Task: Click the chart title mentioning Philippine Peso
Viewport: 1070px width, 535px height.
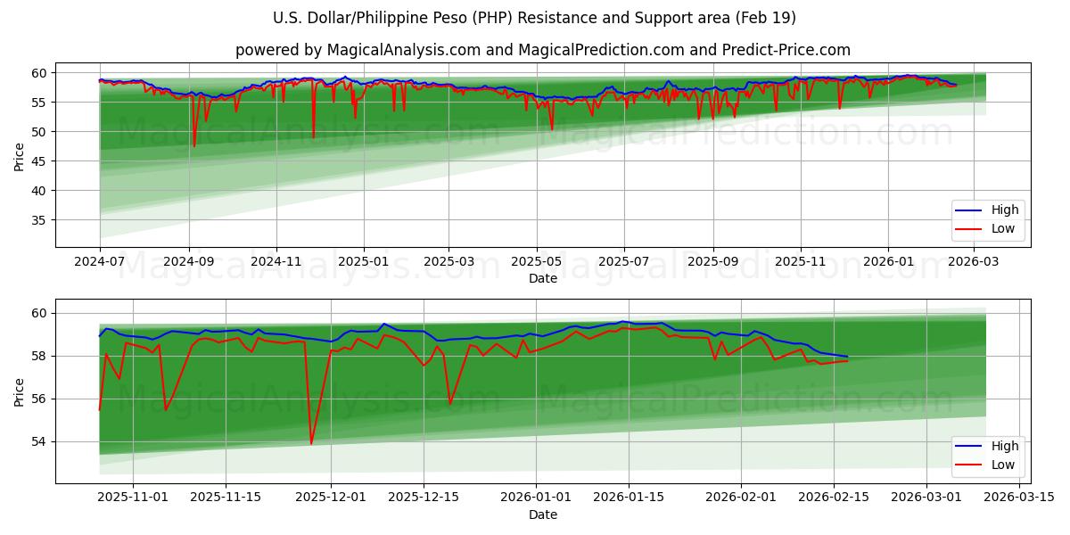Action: pos(534,18)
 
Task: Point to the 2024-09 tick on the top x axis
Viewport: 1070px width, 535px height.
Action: pos(189,261)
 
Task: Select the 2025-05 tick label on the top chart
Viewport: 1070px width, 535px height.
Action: pos(536,261)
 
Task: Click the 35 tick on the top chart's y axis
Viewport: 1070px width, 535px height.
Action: pos(40,220)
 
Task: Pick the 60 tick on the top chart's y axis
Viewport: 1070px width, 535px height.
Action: pos(40,72)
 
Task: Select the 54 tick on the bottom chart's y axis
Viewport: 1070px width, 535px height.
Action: pos(40,441)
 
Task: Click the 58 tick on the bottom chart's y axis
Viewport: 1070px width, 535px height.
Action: pos(40,356)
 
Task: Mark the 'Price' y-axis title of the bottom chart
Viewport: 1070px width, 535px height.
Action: pos(20,391)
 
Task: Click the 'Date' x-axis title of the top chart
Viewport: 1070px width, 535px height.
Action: pos(542,278)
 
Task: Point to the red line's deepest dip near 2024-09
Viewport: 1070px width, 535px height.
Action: pos(194,146)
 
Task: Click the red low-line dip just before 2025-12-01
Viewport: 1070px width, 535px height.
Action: pos(311,443)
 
